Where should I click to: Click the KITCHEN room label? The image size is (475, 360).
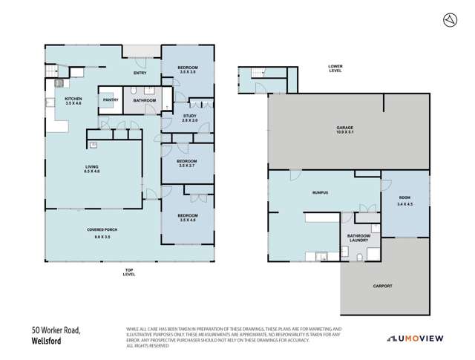tap(73, 101)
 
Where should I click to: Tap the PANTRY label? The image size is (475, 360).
tap(111, 99)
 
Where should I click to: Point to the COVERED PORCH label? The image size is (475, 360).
tap(99, 233)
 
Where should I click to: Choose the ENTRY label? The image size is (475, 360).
tap(140, 73)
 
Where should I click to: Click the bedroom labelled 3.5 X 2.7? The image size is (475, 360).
tap(187, 163)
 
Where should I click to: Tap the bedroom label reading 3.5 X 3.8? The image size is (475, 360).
tap(187, 70)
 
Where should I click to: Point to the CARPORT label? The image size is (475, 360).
tap(383, 286)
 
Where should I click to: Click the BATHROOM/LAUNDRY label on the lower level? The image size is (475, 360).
tap(358, 238)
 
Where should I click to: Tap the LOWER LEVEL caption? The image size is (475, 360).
tap(335, 68)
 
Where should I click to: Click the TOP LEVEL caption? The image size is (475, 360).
tap(129, 272)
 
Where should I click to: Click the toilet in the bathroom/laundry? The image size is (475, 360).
tap(358, 256)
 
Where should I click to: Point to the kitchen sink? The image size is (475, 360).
tap(56, 85)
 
